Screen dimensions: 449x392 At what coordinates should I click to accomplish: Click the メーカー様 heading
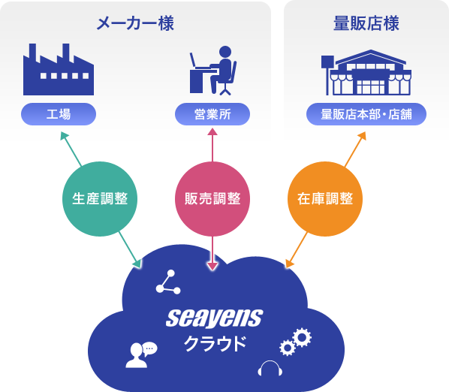pyautogui.click(x=135, y=23)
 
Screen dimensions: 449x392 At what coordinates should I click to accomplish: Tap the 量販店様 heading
pyautogui.click(x=366, y=23)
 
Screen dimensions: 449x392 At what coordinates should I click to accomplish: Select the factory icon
pyautogui.click(x=59, y=69)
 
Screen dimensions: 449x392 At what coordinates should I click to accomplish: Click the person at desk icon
pyautogui.click(x=213, y=71)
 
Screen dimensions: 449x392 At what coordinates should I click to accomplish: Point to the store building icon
pyautogui.click(x=366, y=72)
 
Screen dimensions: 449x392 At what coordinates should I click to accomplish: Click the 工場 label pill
pyautogui.click(x=59, y=114)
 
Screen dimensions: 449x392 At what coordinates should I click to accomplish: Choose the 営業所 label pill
pyautogui.click(x=212, y=114)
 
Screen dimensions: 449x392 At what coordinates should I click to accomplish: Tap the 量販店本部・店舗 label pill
pyautogui.click(x=366, y=114)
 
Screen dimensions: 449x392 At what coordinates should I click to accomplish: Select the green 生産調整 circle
pyautogui.click(x=100, y=199)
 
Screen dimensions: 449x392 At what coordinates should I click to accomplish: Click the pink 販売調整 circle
pyautogui.click(x=212, y=199)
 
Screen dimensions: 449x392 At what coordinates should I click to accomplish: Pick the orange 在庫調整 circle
pyautogui.click(x=325, y=199)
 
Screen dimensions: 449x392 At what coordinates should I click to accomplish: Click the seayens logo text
pyautogui.click(x=215, y=318)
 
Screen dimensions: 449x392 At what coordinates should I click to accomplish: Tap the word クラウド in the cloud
pyautogui.click(x=215, y=344)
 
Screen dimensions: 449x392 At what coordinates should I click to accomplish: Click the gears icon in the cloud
pyautogui.click(x=296, y=342)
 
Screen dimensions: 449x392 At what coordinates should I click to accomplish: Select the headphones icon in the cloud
pyautogui.click(x=270, y=369)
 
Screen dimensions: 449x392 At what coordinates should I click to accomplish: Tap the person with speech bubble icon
pyautogui.click(x=141, y=354)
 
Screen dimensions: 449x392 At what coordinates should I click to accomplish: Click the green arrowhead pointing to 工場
pyautogui.click(x=64, y=135)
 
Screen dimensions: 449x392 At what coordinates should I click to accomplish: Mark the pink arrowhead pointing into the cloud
pyautogui.click(x=212, y=266)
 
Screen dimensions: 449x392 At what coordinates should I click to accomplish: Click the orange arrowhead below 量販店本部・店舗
pyautogui.click(x=362, y=135)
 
